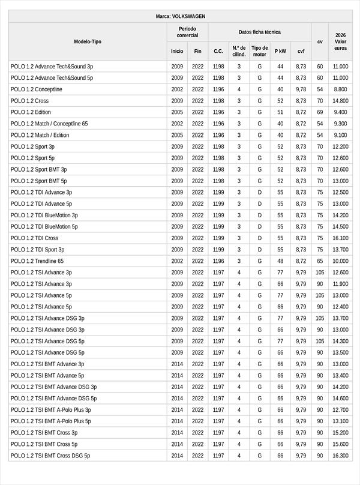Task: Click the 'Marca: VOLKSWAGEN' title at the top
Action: point(180,16)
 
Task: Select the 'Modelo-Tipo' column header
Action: point(88,41)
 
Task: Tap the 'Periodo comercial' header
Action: point(187,32)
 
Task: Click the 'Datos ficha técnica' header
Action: point(259,32)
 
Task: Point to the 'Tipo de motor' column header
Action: point(259,51)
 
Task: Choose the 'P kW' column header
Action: point(280,51)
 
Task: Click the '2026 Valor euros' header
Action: point(340,41)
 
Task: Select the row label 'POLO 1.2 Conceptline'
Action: point(37,89)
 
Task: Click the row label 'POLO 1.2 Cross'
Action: point(30,101)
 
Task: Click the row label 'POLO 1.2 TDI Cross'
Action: point(35,238)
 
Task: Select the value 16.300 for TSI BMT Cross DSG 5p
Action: point(340,456)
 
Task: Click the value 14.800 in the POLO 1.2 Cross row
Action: point(340,101)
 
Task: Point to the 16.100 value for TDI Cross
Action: point(340,238)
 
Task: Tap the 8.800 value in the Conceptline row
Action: point(340,89)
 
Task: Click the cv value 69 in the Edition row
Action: point(320,112)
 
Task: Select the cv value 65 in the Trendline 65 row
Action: point(320,261)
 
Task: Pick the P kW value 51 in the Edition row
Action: point(280,112)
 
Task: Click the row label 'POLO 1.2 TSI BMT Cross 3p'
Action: point(44,433)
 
